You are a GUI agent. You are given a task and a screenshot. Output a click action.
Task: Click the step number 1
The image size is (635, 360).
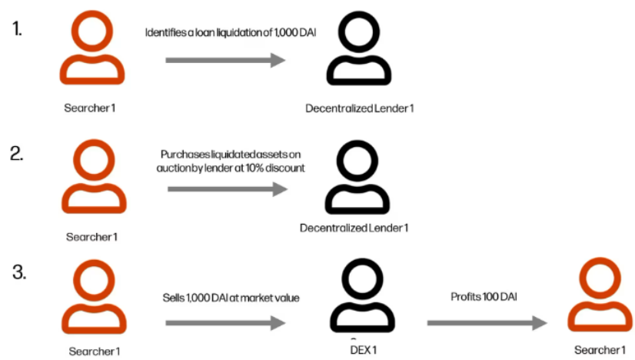(x=17, y=30)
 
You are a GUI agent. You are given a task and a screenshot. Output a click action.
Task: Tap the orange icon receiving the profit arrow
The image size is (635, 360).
(x=597, y=297)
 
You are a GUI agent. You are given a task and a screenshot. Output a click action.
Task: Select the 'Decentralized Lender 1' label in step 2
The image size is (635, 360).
(x=354, y=228)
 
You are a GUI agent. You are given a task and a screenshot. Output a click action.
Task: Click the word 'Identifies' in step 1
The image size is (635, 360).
(x=163, y=32)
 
